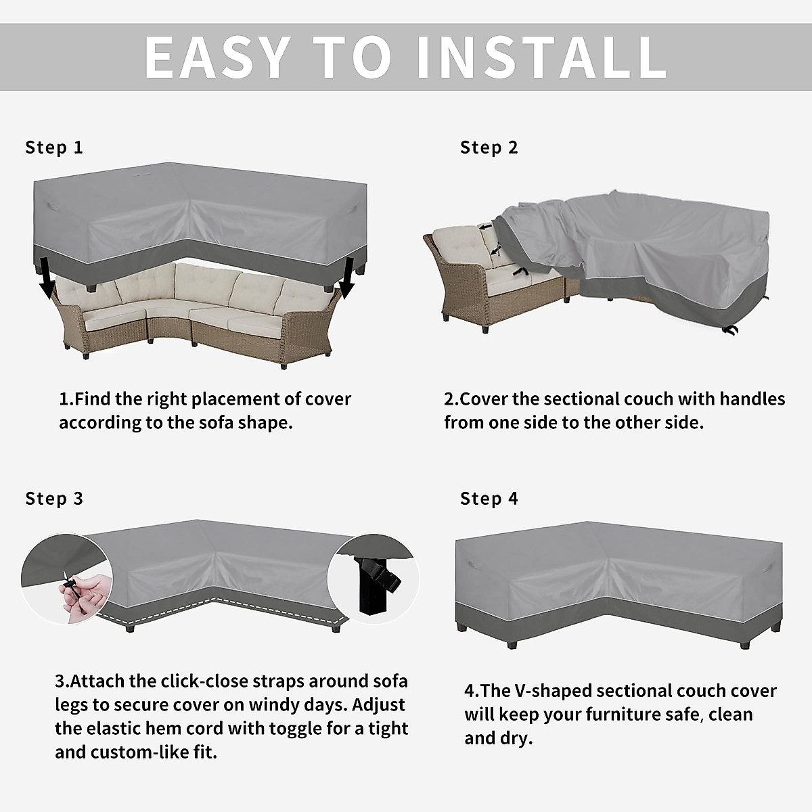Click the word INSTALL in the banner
point(541,57)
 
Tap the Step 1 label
point(54,148)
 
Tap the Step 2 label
point(489,148)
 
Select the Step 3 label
point(54,499)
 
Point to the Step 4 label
point(489,499)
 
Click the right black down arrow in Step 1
point(347,281)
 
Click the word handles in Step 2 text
point(752,399)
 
